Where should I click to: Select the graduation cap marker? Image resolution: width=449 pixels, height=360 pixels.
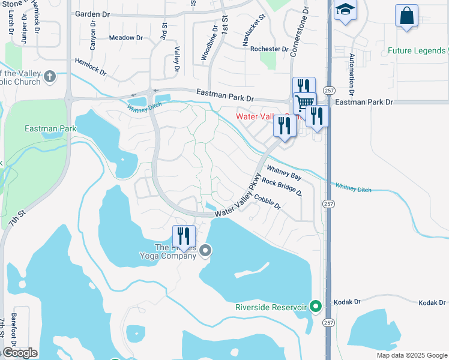point(345,10)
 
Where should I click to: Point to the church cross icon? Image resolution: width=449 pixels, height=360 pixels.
point(49,76)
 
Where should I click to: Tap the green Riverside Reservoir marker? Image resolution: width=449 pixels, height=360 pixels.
point(316,307)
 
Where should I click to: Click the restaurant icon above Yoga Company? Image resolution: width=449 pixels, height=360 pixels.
point(183,235)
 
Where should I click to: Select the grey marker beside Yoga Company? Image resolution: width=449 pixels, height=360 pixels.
point(206,250)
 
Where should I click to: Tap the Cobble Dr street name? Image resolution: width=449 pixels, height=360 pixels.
point(267,200)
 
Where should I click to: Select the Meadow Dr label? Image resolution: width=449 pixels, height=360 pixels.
point(126,37)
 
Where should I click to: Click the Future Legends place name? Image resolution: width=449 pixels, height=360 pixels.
point(416,51)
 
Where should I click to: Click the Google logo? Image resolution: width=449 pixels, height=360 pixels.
point(20,353)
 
